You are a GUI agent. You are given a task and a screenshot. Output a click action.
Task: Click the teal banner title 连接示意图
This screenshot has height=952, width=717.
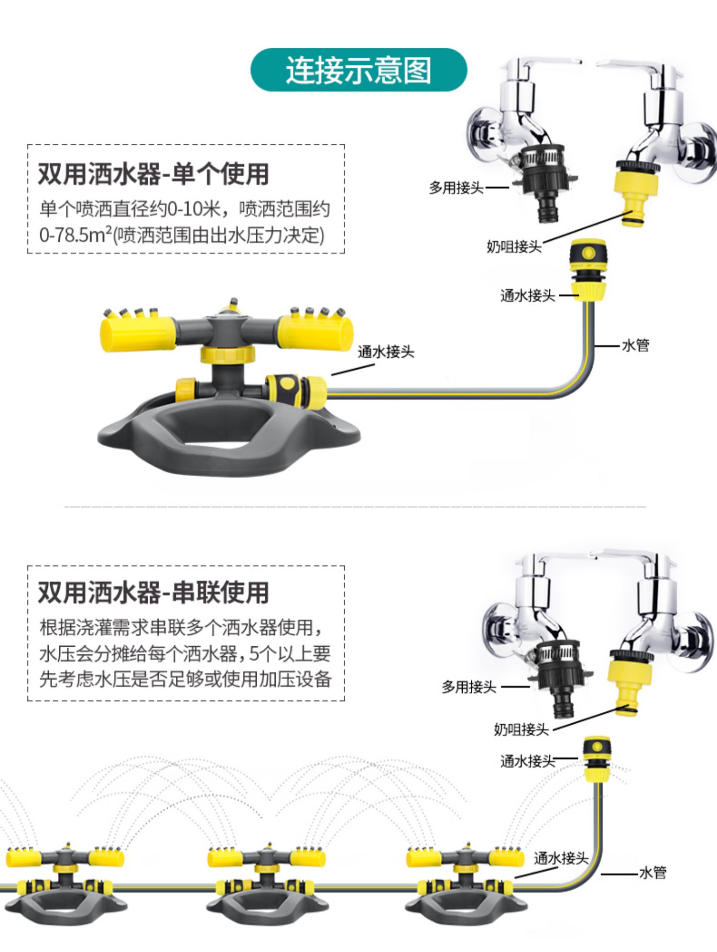(x=358, y=70)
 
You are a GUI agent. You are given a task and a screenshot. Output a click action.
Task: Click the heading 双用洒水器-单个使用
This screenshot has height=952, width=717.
(x=153, y=174)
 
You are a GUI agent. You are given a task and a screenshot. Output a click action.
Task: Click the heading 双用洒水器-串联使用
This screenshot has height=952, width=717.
(x=153, y=592)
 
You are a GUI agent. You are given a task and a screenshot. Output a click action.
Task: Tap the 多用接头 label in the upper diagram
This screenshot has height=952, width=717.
(x=456, y=188)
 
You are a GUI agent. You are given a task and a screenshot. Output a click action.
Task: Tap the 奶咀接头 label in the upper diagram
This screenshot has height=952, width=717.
(x=514, y=246)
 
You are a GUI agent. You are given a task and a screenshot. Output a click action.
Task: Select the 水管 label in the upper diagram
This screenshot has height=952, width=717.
(x=635, y=345)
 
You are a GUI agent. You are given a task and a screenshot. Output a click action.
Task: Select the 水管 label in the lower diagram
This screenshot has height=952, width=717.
(x=652, y=873)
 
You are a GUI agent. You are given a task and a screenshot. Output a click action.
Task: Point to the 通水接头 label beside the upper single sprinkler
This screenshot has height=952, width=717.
(x=386, y=352)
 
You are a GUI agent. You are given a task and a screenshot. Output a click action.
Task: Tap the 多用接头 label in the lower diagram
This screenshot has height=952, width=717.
(x=469, y=687)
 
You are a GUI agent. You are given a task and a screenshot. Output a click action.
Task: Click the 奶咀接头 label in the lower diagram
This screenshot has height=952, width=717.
(x=521, y=729)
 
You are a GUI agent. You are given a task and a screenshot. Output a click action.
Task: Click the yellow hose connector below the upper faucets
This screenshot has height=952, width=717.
(x=588, y=269)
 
